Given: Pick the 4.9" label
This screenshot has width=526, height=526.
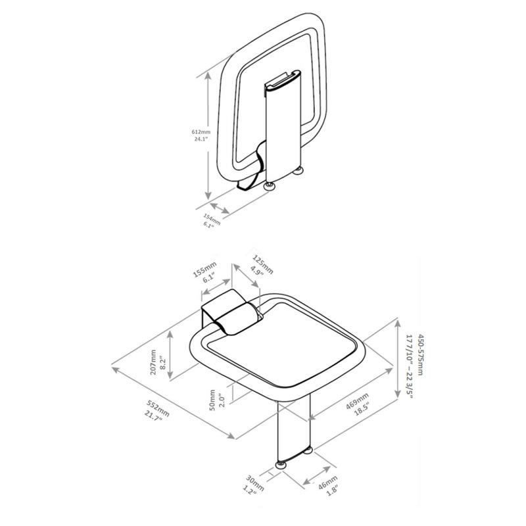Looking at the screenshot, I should pos(258,269).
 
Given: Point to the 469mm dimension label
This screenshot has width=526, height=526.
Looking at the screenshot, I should pos(356,398).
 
